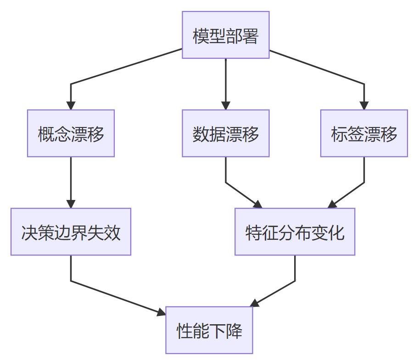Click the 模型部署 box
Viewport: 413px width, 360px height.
click(x=225, y=35)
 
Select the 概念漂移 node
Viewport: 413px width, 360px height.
click(x=71, y=133)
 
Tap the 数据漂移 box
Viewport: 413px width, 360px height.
click(x=225, y=133)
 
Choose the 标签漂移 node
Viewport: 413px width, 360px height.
click(x=364, y=133)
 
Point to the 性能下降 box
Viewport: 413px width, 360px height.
click(x=209, y=330)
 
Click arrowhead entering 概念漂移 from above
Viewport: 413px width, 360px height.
click(x=71, y=105)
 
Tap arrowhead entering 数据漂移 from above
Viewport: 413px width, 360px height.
click(x=225, y=105)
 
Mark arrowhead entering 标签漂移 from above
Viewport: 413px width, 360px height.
click(x=364, y=105)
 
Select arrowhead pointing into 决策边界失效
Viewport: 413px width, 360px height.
click(x=71, y=204)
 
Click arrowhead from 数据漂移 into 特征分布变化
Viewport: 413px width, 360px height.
click(x=258, y=205)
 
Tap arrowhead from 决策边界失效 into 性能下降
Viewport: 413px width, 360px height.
click(x=161, y=313)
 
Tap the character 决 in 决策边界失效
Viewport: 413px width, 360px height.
click(x=29, y=232)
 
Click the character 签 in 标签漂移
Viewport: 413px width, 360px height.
click(x=356, y=133)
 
